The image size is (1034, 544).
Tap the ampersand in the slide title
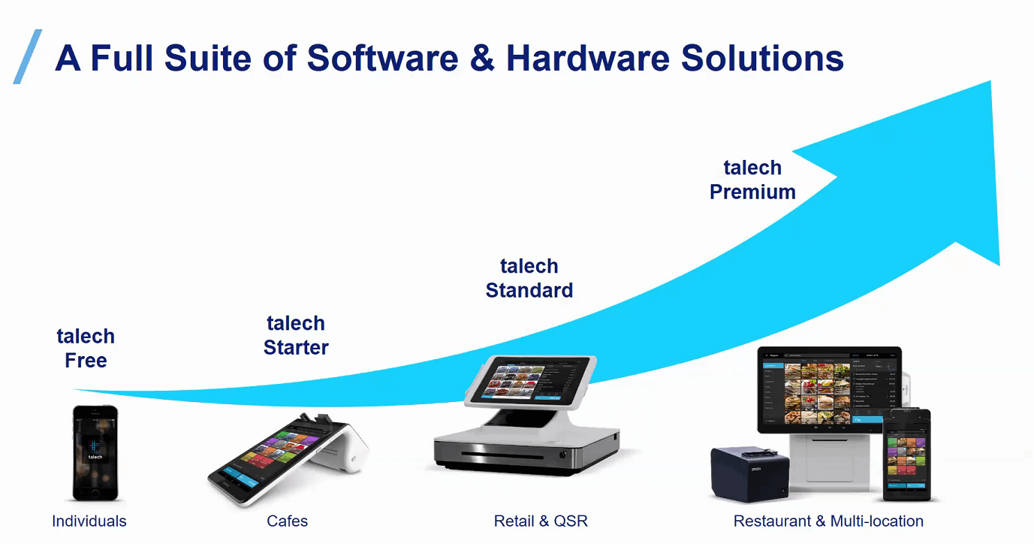(x=481, y=59)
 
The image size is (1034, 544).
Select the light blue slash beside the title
(x=28, y=56)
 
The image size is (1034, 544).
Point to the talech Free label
(x=86, y=348)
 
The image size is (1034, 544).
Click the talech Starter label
(x=296, y=335)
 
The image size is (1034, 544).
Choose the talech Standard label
(x=529, y=278)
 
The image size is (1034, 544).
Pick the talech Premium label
(x=752, y=180)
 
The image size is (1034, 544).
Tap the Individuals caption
(x=89, y=521)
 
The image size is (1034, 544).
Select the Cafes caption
(x=288, y=521)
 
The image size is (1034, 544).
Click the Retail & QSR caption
(x=541, y=521)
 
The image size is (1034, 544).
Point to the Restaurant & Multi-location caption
(x=828, y=521)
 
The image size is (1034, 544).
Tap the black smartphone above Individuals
(x=95, y=452)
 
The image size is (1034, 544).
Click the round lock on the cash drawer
(x=562, y=455)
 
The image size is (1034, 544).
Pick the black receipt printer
(x=749, y=473)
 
